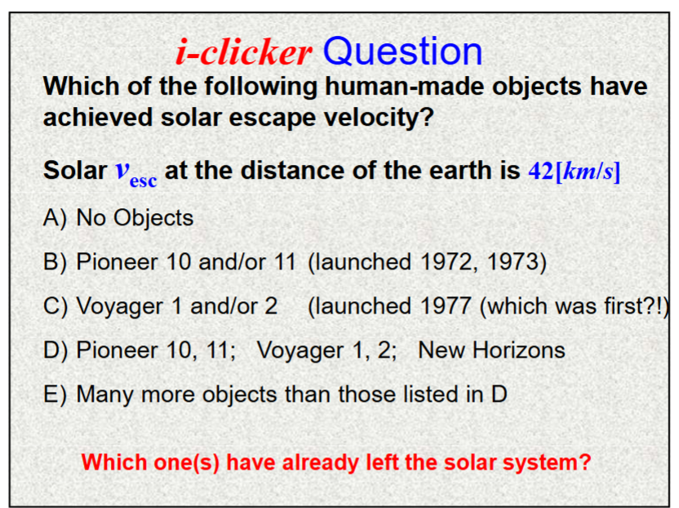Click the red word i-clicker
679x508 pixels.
[243, 53]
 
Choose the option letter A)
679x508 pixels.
[55, 218]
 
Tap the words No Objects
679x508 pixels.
[135, 218]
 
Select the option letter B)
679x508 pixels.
[55, 262]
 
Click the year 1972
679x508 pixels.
[448, 262]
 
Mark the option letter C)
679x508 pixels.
[55, 306]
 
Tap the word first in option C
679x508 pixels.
[625, 306]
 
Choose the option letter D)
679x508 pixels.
[55, 350]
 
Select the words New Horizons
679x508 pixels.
[491, 350]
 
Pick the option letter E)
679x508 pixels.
[55, 394]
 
